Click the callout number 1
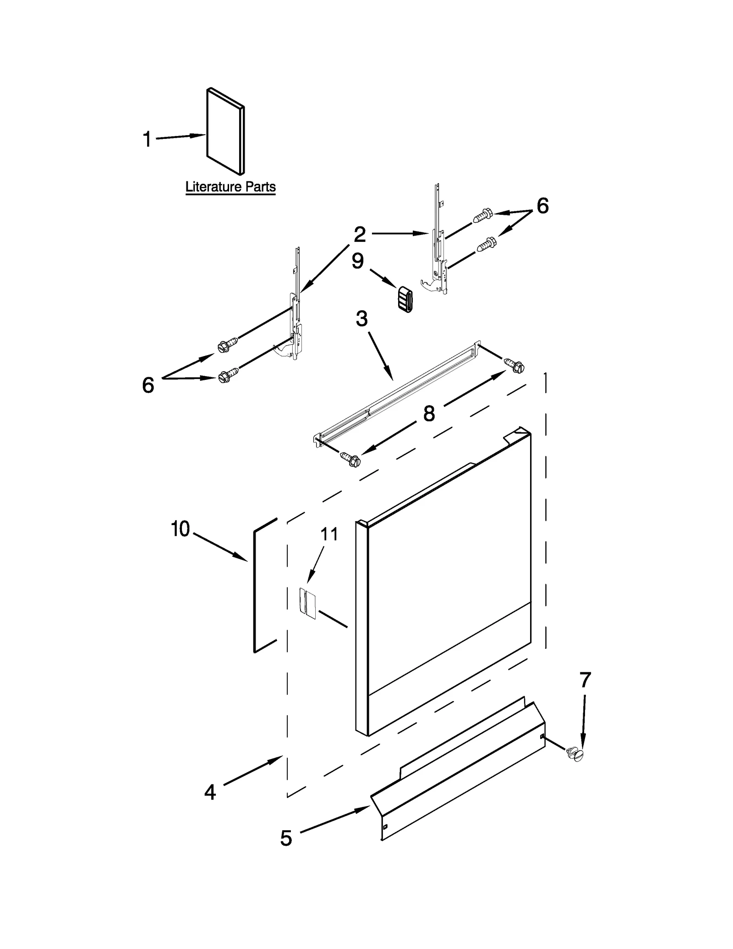click(147, 139)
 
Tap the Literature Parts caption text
click(230, 187)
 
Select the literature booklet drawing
click(225, 132)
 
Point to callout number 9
click(358, 261)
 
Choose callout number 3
click(362, 319)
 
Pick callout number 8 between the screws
click(429, 413)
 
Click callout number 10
click(181, 529)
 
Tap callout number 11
click(329, 534)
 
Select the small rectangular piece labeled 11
click(308, 603)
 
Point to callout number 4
click(210, 792)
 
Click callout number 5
click(286, 838)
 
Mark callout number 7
click(585, 680)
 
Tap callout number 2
click(360, 235)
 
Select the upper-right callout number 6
click(542, 206)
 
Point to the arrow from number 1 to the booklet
click(181, 137)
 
